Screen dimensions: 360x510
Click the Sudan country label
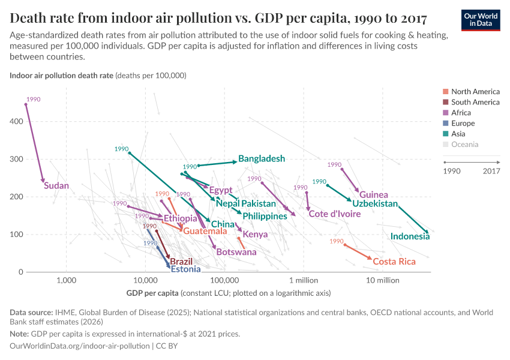click(x=56, y=186)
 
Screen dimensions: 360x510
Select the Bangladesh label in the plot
click(x=262, y=159)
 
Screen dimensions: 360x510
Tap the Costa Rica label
click(x=394, y=262)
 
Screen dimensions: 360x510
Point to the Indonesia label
click(x=410, y=236)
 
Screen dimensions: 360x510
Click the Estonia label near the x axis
click(x=185, y=269)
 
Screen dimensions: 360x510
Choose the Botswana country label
click(x=236, y=252)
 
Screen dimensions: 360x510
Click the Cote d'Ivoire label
click(x=334, y=214)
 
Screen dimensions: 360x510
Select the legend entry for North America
click(x=475, y=92)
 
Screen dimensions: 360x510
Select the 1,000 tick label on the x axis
click(x=66, y=280)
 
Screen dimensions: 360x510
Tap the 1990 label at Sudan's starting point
click(x=34, y=99)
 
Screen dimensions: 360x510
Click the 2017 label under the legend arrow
click(x=491, y=171)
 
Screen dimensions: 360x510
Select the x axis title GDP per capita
click(x=152, y=293)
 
